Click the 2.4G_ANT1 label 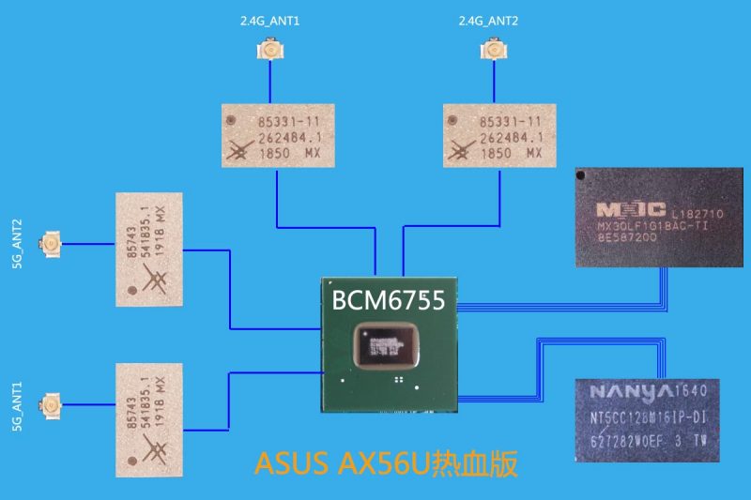pos(270,21)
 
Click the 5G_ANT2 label pos(18,247)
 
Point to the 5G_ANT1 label pos(18,404)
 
